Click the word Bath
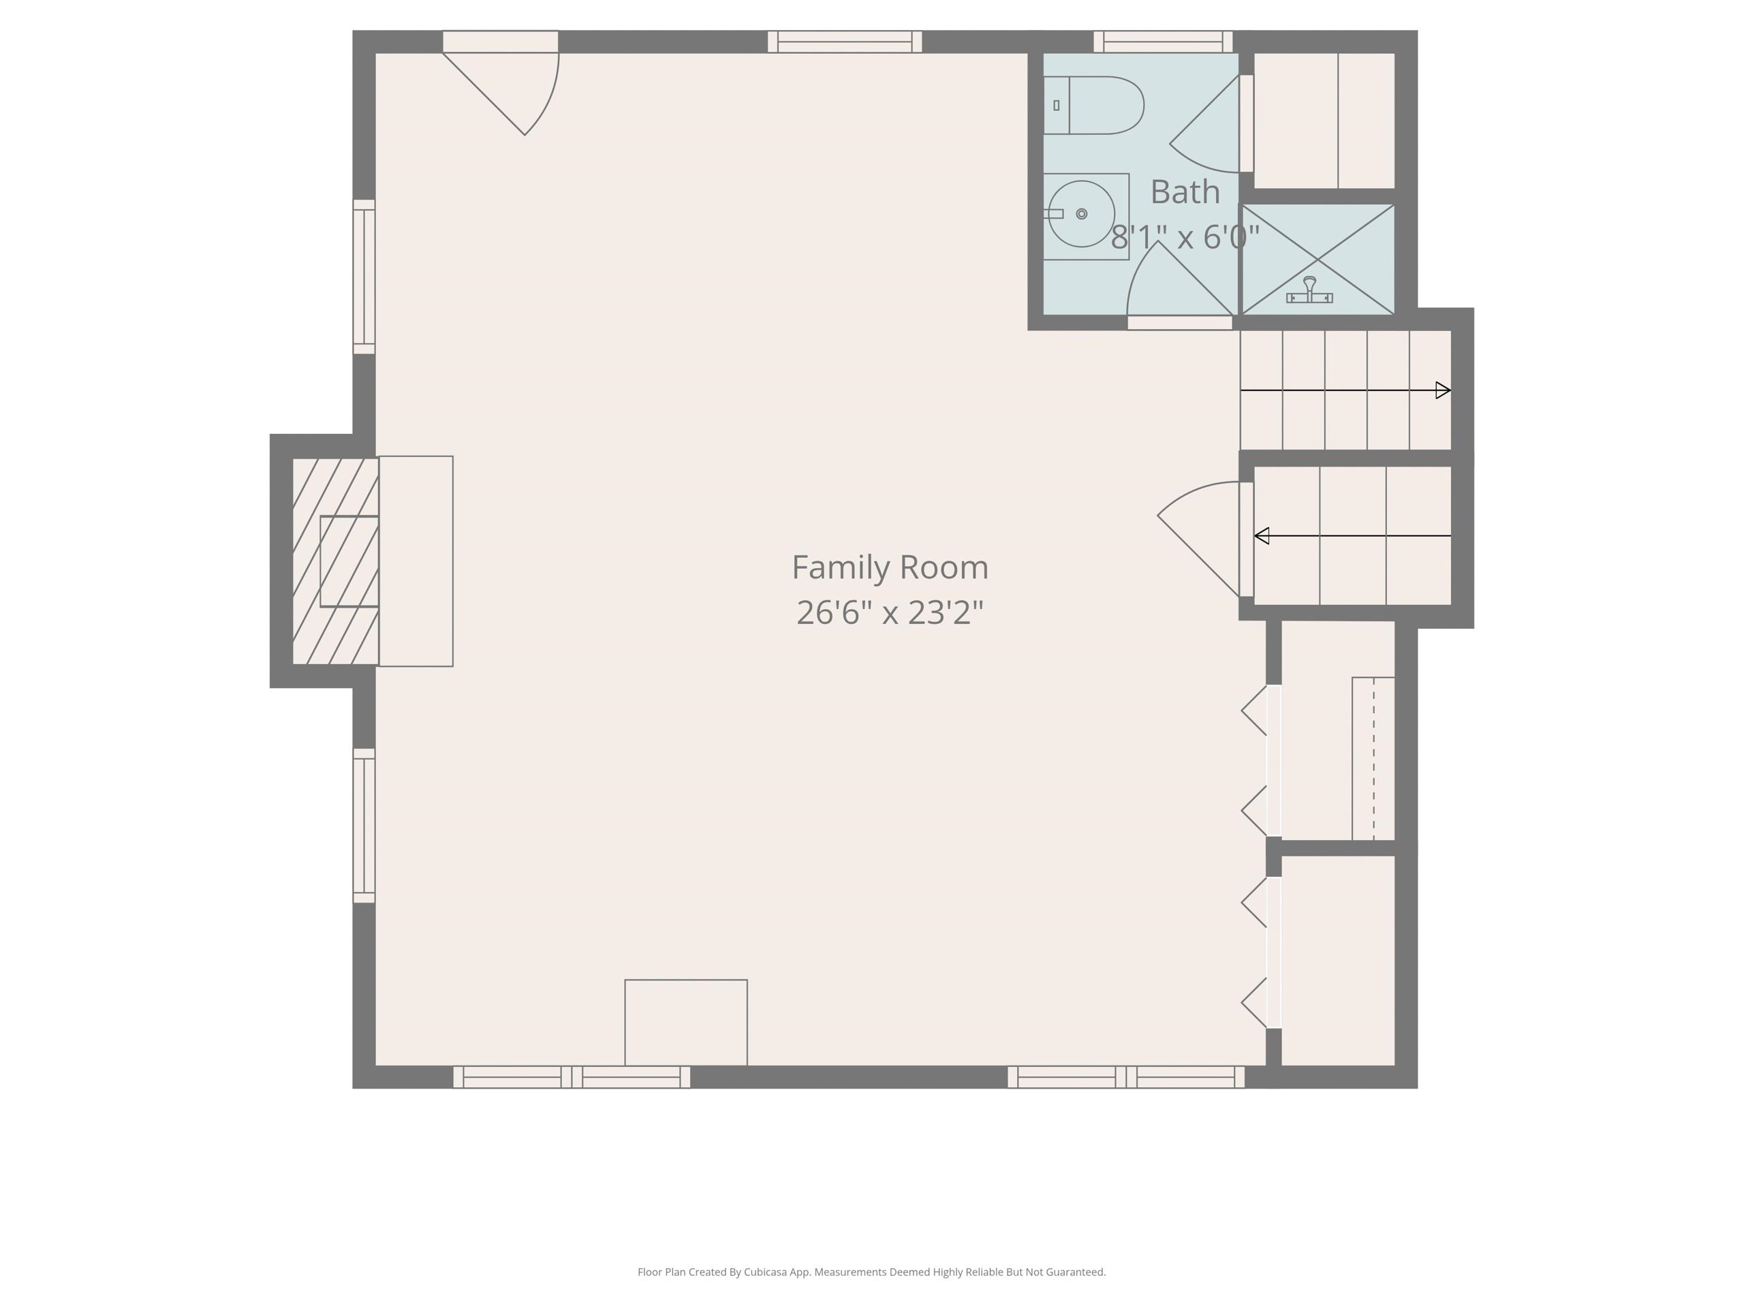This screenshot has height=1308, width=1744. pos(1184,191)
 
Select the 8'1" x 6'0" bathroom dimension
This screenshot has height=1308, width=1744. pos(1184,236)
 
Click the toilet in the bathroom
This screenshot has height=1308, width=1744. pos(1096,105)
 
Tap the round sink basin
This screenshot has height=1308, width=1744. pos(1081,214)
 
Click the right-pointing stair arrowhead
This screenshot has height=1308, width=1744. pos(1443,390)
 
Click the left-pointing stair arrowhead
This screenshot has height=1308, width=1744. pos(1262,536)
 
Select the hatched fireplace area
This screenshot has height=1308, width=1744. pos(335,561)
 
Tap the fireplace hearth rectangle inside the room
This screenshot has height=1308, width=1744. pos(416,561)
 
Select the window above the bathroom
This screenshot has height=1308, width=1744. pos(1163,41)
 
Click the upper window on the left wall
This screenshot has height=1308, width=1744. pos(364,277)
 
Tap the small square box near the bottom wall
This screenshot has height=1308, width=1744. pos(686,1022)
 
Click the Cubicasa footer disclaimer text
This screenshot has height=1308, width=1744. pos(871,1272)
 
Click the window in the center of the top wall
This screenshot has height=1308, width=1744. pos(844,41)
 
